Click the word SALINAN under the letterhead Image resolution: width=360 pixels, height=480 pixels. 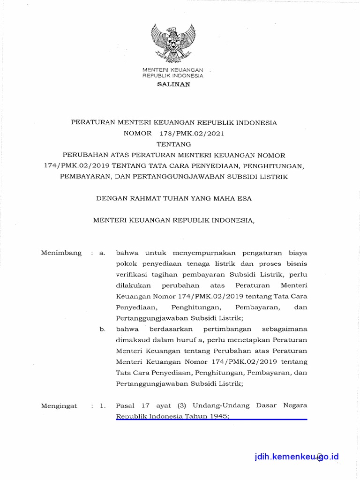click(x=173, y=84)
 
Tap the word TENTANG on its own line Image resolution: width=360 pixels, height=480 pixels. click(x=173, y=144)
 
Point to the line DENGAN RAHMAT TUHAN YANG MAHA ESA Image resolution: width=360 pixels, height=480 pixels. click(x=174, y=198)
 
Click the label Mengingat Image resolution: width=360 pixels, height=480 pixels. click(x=59, y=406)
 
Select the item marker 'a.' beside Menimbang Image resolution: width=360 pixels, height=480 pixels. click(x=102, y=253)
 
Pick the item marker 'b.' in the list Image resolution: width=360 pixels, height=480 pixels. click(x=102, y=330)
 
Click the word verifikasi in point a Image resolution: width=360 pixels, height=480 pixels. click(x=132, y=274)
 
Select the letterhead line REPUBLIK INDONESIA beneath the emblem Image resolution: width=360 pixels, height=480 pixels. click(x=173, y=75)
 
